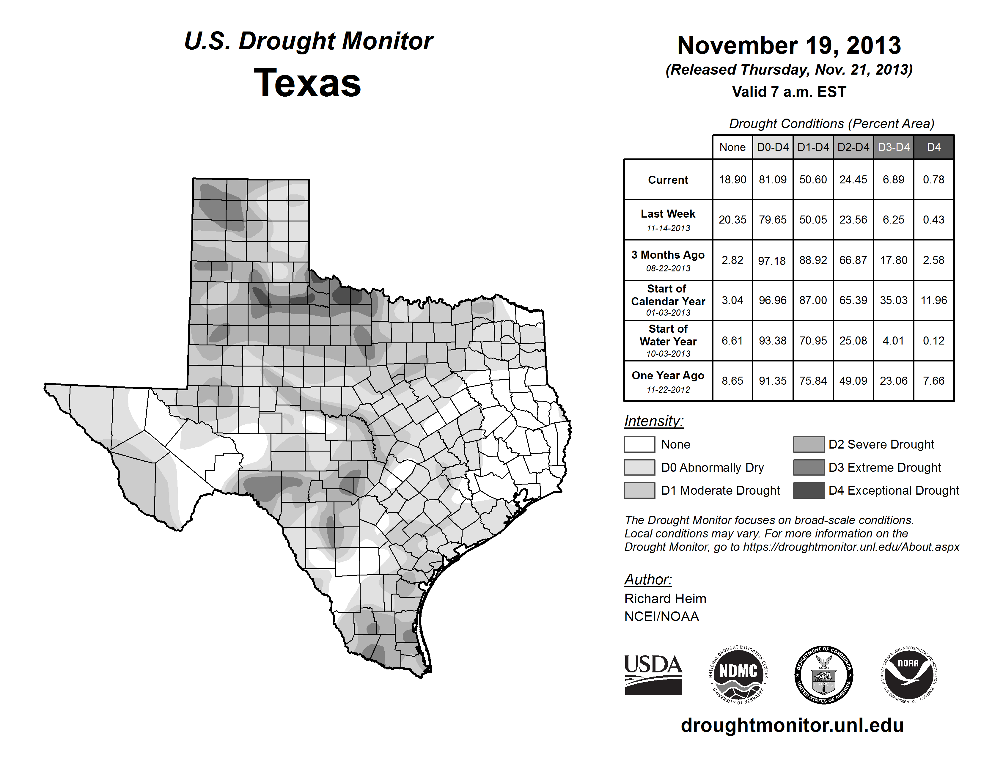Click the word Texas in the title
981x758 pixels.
pyautogui.click(x=307, y=83)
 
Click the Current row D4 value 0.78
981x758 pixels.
pyautogui.click(x=933, y=180)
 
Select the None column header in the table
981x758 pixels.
pyautogui.click(x=732, y=147)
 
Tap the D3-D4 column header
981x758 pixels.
pyautogui.click(x=893, y=147)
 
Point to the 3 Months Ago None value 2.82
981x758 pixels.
pyautogui.click(x=732, y=260)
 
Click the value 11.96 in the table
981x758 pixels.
pyautogui.click(x=933, y=300)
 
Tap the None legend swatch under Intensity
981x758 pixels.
pyautogui.click(x=639, y=444)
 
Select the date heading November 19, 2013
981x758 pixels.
pyautogui.click(x=789, y=45)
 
